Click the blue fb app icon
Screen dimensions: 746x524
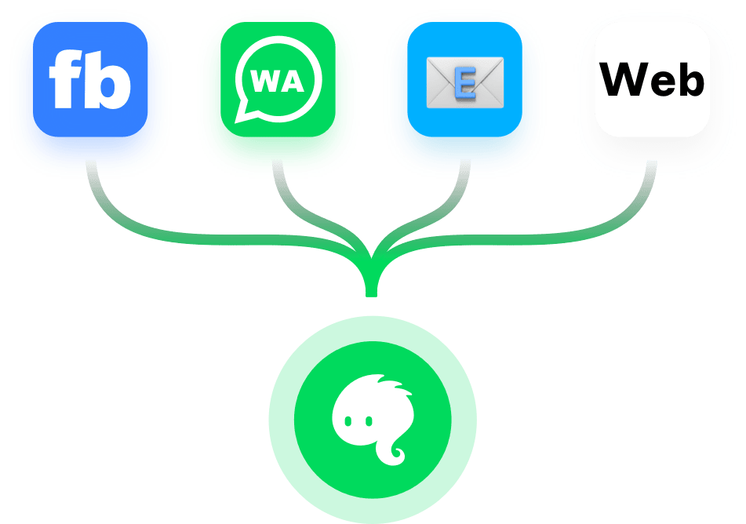[90, 79]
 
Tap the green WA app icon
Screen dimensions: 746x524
[278, 79]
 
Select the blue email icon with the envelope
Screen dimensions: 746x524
[465, 79]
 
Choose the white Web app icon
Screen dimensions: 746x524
[653, 79]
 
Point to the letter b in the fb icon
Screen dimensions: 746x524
[107, 79]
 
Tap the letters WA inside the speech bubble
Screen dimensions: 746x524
[278, 81]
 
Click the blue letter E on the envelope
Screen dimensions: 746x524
[465, 83]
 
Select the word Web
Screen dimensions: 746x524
[652, 79]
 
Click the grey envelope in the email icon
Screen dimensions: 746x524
[465, 82]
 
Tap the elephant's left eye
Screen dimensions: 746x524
[348, 421]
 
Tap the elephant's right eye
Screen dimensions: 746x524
[369, 421]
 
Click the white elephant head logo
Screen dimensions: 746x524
[373, 420]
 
